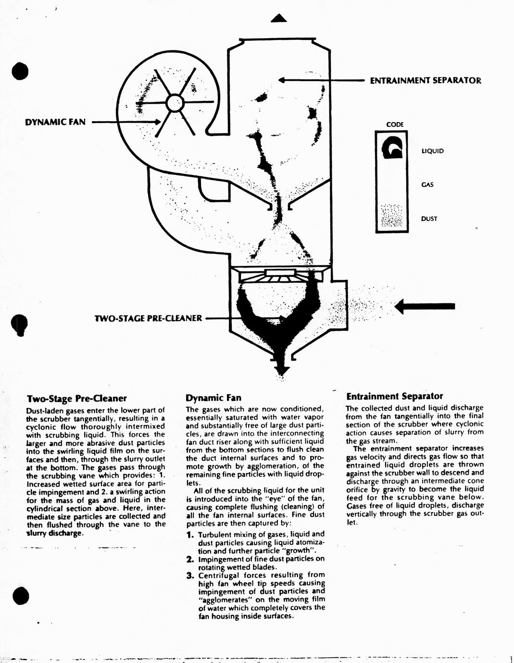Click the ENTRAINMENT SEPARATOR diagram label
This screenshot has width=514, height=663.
tap(426, 81)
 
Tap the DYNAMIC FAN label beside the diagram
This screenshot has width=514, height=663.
tap(55, 122)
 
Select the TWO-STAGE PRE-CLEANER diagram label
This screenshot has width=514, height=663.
tap(148, 318)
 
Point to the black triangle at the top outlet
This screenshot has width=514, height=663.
tap(279, 18)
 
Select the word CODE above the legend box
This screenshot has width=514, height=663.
tap(395, 125)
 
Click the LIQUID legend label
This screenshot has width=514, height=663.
tap(432, 151)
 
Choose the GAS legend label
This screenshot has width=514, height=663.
tap(427, 185)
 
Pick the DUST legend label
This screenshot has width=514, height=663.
tap(429, 219)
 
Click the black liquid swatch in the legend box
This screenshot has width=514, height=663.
tap(392, 147)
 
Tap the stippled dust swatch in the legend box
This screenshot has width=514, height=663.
tap(391, 216)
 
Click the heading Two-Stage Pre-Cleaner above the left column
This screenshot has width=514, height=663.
tap(77, 399)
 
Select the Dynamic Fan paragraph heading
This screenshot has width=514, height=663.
tap(213, 398)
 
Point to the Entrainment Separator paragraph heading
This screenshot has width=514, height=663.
tap(394, 396)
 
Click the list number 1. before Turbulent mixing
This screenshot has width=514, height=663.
tap(190, 535)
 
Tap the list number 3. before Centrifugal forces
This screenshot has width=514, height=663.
tap(190, 575)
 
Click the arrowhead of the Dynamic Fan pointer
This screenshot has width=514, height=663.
tap(157, 122)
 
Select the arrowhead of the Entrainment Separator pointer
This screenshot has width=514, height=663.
tap(282, 80)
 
